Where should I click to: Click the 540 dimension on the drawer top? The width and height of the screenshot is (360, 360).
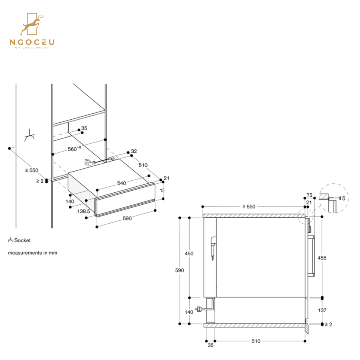(x=122, y=183)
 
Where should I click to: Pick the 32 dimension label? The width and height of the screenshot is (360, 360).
(x=134, y=151)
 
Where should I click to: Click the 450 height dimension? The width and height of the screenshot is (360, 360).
(x=189, y=254)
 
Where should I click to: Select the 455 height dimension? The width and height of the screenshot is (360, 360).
(x=322, y=258)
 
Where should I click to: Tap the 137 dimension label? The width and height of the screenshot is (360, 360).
(x=322, y=310)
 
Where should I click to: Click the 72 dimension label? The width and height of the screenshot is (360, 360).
(x=309, y=195)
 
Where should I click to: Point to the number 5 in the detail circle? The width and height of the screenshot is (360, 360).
(x=344, y=198)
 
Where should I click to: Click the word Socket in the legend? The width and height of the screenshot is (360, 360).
(x=22, y=240)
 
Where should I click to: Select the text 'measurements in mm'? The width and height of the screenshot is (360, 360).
(x=32, y=253)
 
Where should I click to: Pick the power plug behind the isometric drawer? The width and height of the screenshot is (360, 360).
(x=89, y=162)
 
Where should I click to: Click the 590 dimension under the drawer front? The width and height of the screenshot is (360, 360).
(x=127, y=218)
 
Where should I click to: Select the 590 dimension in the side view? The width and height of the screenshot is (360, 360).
(x=180, y=270)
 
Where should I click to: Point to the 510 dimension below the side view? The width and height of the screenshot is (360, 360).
(x=256, y=341)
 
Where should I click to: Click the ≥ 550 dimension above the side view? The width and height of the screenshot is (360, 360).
(x=248, y=207)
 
